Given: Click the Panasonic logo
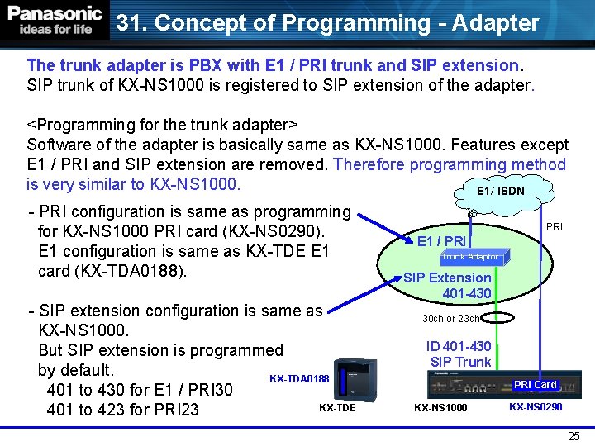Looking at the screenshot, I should point(55,21).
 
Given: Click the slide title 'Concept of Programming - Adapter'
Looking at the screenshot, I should point(327,22).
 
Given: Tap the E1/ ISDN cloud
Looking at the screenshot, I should point(501,191).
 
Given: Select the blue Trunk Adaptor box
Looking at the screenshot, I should point(469,257).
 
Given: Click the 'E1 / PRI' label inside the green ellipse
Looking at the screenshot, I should point(442,241).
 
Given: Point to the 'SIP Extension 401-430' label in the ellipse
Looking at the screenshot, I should point(447,285).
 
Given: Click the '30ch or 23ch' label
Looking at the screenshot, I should point(451,318).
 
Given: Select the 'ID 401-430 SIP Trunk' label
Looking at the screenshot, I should point(459,353).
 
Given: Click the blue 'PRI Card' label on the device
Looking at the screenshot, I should point(535,385).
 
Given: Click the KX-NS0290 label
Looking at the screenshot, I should point(535,407).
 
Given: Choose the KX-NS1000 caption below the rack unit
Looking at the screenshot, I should point(440,408).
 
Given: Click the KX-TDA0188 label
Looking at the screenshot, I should point(299,379).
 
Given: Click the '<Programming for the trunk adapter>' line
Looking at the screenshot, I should point(163,125).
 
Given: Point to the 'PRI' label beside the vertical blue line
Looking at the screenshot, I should point(555,226).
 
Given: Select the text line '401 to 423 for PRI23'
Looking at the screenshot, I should point(123,410).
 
